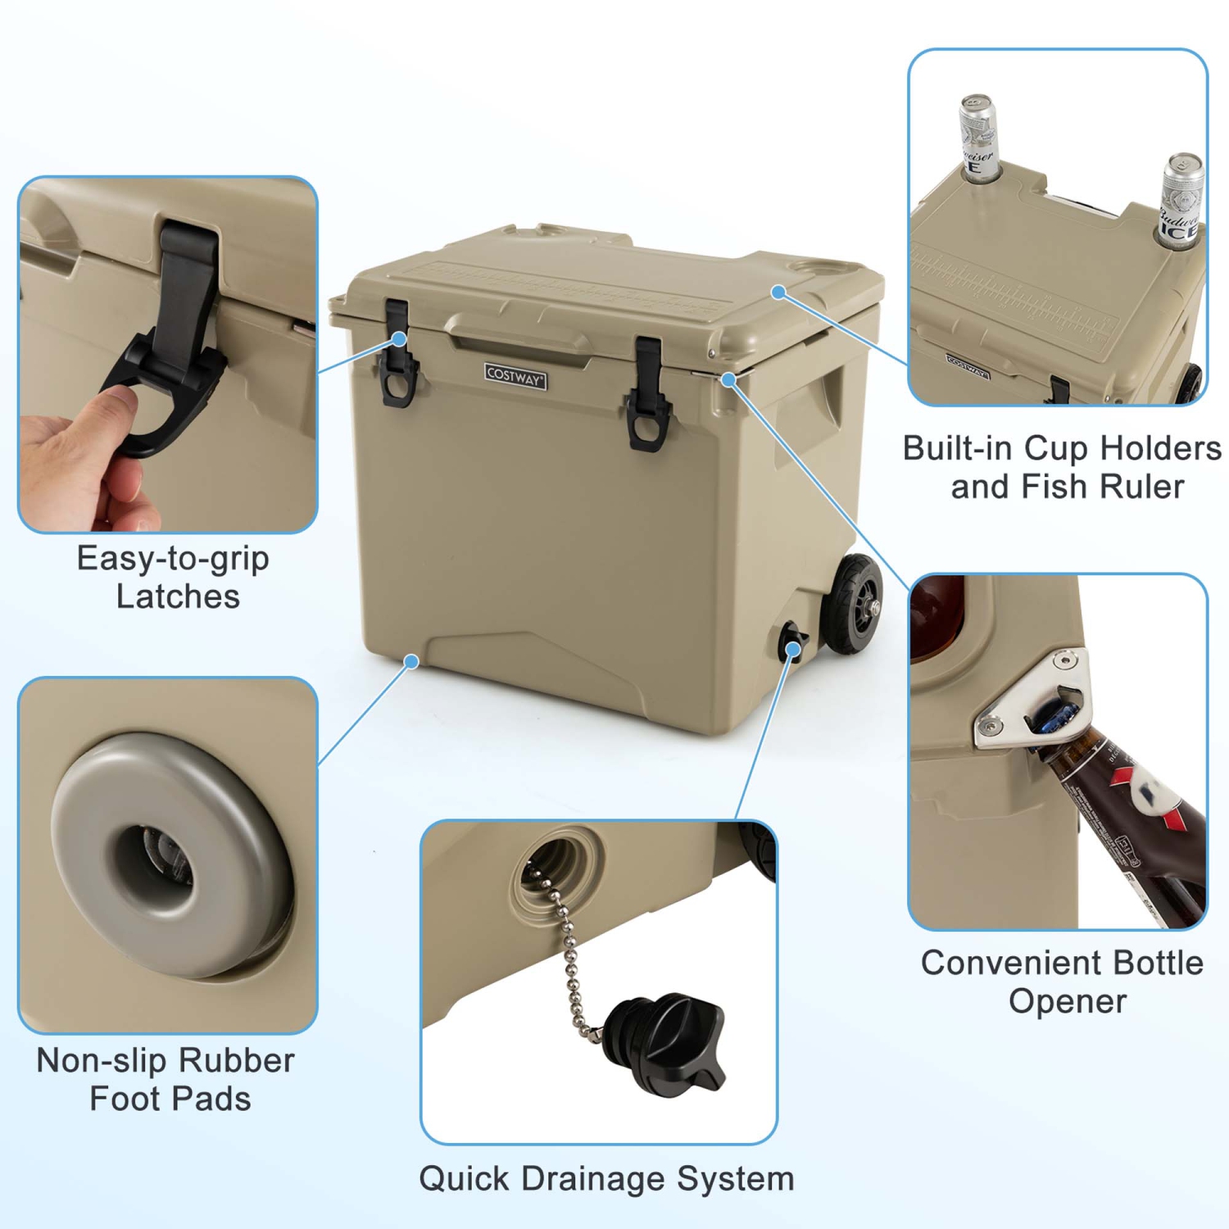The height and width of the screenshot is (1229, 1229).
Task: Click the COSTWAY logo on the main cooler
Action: tap(515, 375)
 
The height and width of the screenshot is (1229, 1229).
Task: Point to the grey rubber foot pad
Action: tap(168, 856)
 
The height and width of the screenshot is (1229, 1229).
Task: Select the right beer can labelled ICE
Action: tap(1181, 201)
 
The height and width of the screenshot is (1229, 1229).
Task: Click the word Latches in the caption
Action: tap(178, 596)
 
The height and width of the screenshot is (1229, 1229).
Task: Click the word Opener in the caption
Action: tap(1067, 1001)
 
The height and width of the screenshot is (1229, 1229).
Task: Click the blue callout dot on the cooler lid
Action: tap(779, 292)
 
